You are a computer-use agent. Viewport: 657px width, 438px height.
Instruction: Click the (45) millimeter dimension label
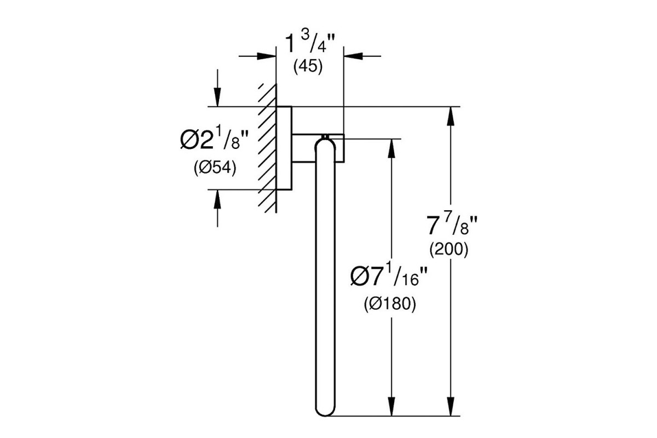click(308, 67)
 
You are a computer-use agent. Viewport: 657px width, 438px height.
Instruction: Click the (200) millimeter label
click(449, 250)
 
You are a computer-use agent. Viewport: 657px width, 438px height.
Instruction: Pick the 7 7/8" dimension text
click(452, 226)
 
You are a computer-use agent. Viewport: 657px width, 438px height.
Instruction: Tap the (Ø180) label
click(390, 304)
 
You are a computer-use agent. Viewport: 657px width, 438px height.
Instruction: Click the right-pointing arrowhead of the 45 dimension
click(266, 56)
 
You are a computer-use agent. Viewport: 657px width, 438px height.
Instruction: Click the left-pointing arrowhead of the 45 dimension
click(353, 56)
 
